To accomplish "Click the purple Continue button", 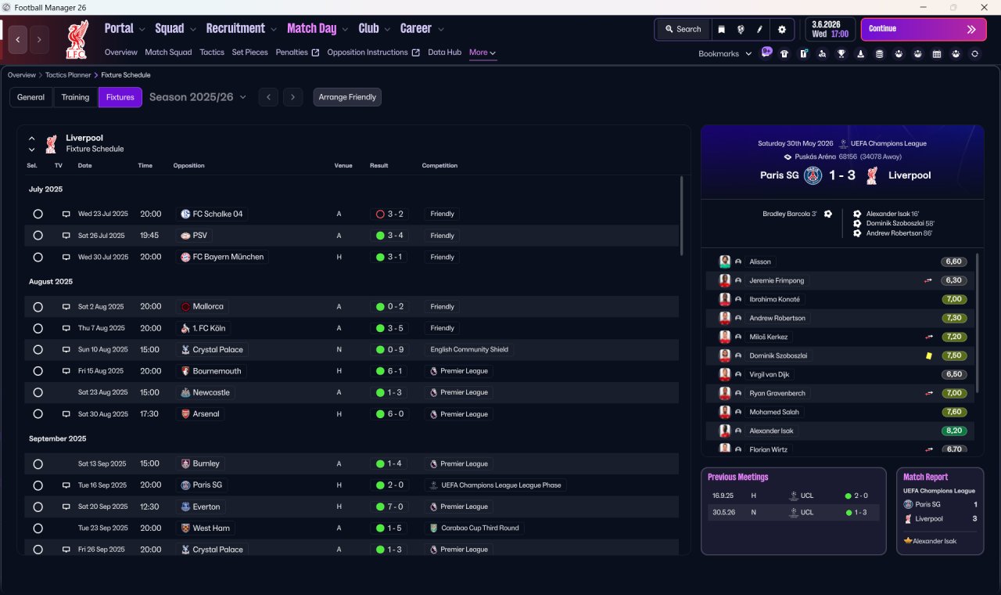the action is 924,29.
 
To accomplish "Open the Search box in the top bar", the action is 683,29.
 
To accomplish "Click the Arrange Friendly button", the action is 347,97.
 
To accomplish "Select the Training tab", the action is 75,97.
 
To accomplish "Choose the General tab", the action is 30,97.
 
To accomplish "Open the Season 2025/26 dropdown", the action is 198,97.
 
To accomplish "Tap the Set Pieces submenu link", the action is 249,52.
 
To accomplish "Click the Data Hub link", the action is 444,52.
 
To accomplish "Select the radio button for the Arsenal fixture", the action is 38,414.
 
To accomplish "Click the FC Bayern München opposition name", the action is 228,257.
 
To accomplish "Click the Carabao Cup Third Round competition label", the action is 480,528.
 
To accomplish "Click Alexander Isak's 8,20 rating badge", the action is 954,431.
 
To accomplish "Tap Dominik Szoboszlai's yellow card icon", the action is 929,355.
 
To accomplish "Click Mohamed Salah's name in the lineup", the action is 774,412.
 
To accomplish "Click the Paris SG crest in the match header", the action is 813,175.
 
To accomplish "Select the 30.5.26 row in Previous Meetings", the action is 794,512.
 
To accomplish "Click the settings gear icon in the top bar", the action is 781,30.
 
